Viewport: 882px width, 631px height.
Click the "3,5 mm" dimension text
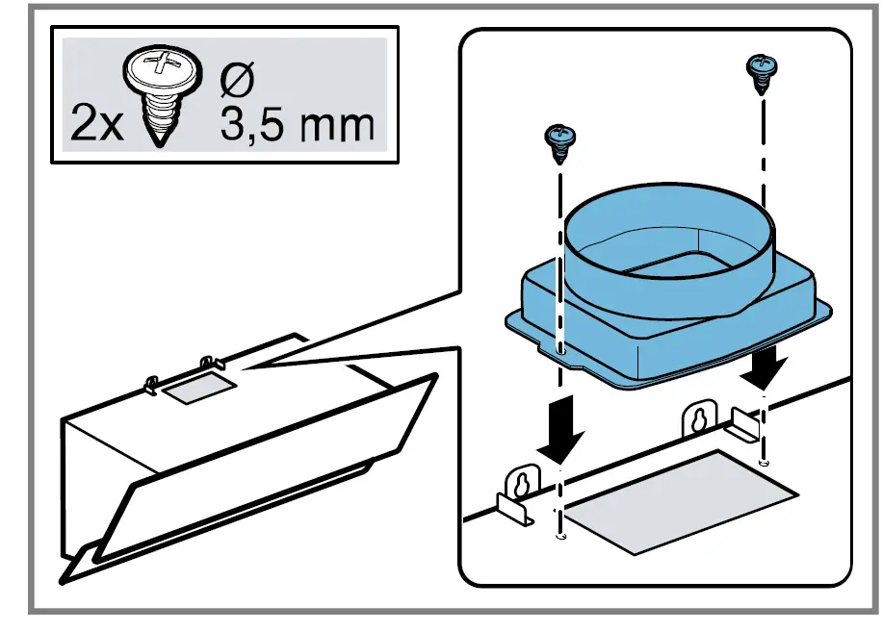click(x=296, y=125)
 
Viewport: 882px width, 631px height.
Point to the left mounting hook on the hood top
click(x=151, y=384)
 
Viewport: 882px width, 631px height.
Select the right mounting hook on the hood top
click(x=209, y=364)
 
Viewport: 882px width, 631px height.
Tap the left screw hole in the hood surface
click(x=561, y=537)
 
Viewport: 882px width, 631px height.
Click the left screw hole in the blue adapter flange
click(x=560, y=351)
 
